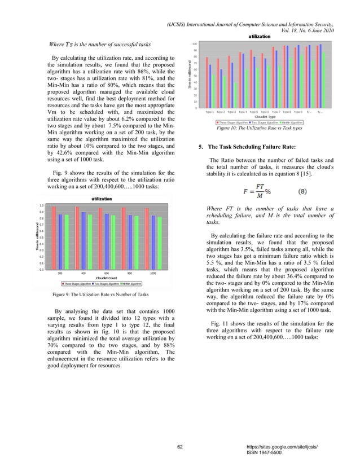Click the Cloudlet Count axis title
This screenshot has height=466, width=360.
[106, 278]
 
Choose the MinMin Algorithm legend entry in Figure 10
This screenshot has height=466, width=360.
[289, 122]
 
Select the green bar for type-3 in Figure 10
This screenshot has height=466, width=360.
[235, 95]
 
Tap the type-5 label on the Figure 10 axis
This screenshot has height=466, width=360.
[254, 112]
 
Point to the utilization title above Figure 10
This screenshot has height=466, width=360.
[259, 36]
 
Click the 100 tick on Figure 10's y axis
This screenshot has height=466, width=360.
[194, 44]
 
